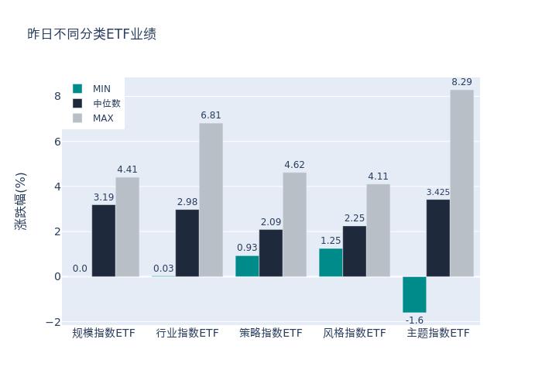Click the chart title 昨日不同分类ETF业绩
91,34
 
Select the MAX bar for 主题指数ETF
461,183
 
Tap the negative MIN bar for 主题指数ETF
414,294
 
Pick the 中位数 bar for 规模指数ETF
104,241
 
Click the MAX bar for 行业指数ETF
211,200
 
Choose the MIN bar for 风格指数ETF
331,262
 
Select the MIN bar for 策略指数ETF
247,266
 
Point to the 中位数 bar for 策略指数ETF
271,253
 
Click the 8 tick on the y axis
57,96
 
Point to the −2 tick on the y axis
54,322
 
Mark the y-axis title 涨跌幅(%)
21,200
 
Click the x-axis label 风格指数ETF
354,334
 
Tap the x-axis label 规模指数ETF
104,334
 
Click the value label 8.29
461,82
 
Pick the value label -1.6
414,320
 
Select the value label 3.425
437,192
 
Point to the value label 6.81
211,115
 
